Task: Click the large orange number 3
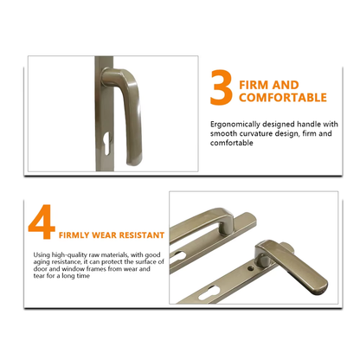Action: tap(222, 87)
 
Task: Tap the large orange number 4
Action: tap(42, 222)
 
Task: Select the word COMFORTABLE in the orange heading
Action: tap(283, 98)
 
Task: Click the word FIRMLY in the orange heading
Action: tap(74, 235)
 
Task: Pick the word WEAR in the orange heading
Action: tap(104, 235)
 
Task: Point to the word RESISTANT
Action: tap(142, 235)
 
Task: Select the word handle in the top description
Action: tap(309, 124)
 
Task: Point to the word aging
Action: tap(42, 262)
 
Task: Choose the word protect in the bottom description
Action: tap(112, 262)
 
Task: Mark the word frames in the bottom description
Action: tap(96, 269)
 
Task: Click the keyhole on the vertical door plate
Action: tap(106, 143)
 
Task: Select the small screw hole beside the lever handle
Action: tap(252, 268)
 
